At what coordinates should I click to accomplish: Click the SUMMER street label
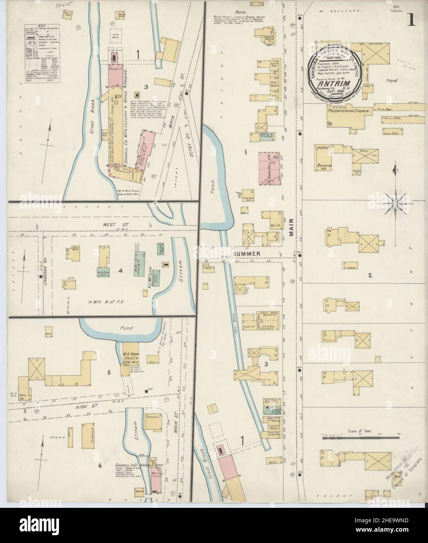247,254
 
